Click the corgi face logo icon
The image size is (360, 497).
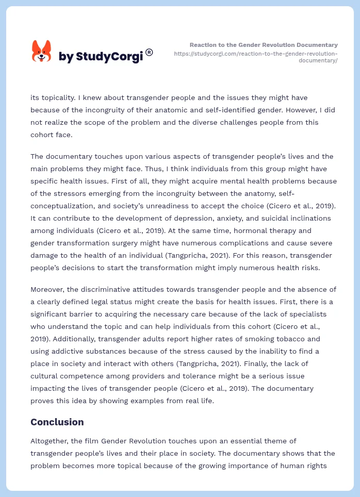(42, 51)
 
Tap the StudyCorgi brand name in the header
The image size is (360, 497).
(101, 57)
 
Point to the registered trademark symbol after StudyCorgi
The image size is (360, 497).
(149, 52)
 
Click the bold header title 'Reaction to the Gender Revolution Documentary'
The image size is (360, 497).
(264, 45)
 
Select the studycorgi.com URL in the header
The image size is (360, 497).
(256, 57)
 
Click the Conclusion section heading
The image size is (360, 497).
(57, 422)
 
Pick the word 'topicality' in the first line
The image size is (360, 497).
(59, 97)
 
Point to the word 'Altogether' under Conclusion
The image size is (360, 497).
(51, 441)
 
